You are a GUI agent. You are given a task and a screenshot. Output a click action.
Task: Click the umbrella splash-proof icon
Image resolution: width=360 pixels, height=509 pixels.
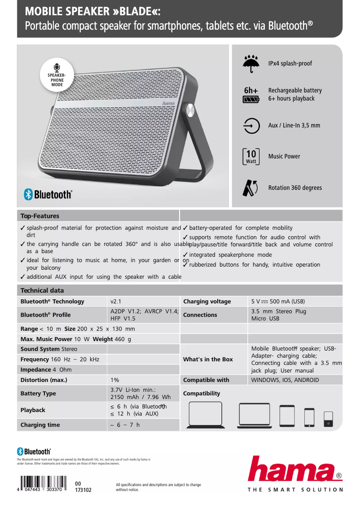click(251, 63)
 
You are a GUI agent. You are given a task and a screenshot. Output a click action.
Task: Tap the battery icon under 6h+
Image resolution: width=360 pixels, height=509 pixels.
click(251, 99)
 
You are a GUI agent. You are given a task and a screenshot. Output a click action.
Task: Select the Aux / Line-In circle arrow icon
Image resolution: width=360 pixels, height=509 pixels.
click(251, 126)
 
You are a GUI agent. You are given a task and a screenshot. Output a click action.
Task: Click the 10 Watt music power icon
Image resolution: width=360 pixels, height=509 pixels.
click(251, 156)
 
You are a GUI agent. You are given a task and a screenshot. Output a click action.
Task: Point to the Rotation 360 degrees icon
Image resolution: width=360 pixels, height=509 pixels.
click(250, 188)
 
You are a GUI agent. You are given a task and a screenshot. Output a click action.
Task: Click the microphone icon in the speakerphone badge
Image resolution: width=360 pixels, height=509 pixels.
click(57, 68)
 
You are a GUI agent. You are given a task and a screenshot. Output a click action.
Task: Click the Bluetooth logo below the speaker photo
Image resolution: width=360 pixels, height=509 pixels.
click(48, 194)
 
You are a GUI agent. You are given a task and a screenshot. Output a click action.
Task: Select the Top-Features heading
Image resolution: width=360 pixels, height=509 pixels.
click(40, 216)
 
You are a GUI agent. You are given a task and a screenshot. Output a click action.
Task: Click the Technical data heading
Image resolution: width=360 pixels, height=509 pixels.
click(42, 290)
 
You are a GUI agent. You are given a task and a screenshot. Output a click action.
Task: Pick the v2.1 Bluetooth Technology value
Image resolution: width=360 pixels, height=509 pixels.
click(116, 302)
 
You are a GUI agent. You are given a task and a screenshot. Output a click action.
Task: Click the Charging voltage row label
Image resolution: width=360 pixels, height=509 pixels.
click(207, 302)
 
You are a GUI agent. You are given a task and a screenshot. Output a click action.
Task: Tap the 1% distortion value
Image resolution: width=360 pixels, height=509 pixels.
click(115, 380)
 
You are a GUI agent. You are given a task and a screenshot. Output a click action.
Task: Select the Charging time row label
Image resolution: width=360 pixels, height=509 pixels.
click(40, 425)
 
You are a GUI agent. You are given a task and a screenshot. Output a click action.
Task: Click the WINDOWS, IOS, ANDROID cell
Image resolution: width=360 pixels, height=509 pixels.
click(285, 380)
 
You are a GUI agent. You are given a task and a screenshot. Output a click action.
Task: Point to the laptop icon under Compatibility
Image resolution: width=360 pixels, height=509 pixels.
click(206, 415)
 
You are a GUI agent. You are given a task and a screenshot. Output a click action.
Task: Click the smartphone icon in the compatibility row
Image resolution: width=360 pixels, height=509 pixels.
click(309, 417)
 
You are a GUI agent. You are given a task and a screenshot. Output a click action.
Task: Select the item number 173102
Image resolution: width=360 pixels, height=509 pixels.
click(83, 490)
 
